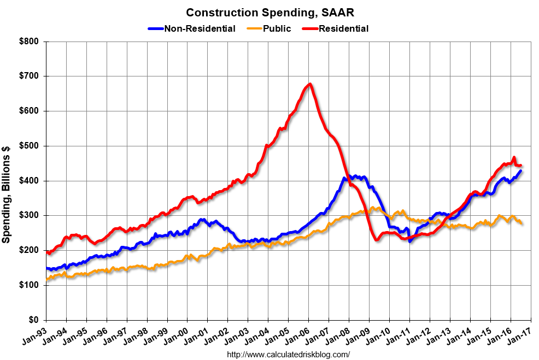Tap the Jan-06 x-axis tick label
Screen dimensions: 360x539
coord(300,334)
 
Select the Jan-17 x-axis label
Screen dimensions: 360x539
coord(522,334)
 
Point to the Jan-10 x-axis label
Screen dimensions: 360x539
coord(380,334)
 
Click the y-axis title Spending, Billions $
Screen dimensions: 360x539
coord(7,180)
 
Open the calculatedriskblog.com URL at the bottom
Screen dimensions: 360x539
coord(288,355)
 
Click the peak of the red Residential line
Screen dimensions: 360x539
coord(310,84)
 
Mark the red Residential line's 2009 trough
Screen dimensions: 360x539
coord(377,240)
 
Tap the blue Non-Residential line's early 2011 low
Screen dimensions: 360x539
coord(410,241)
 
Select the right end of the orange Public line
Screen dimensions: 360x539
coord(521,223)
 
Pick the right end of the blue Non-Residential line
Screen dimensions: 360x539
coord(521,171)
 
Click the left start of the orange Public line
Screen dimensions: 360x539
coord(46,280)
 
